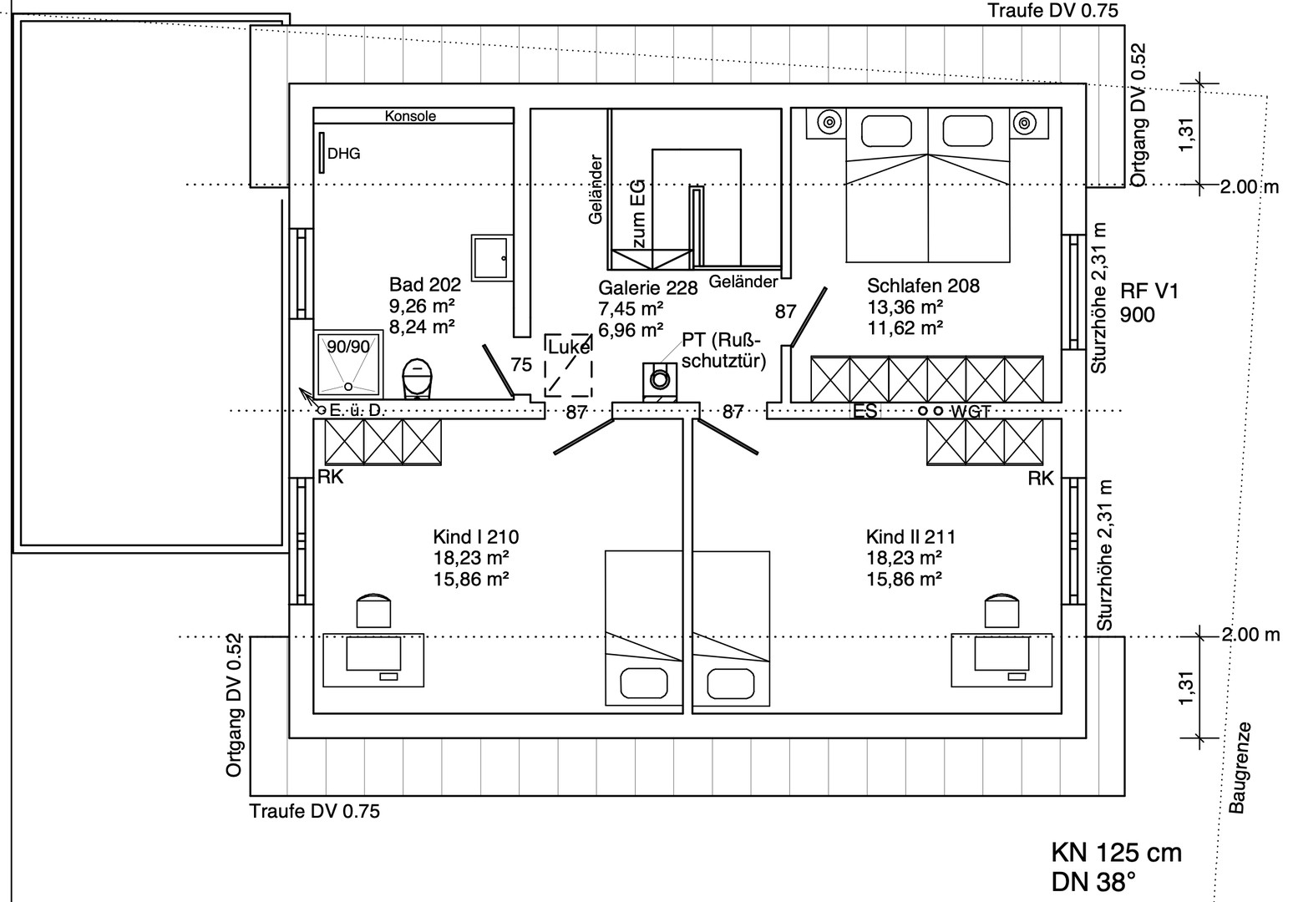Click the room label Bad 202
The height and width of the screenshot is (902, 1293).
424,286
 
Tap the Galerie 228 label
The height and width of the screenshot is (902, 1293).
647,288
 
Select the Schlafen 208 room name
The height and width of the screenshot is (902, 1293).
923,286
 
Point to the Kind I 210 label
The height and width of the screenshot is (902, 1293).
475,537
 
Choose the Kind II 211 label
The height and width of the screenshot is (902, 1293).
910,537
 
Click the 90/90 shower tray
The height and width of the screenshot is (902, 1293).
348,364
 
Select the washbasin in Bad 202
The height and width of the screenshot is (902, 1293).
489,257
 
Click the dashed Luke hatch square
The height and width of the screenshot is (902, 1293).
568,365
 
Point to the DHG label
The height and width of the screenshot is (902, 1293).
343,154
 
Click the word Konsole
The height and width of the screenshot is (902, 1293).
410,116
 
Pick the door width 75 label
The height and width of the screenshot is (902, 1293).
521,365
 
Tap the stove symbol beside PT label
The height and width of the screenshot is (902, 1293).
659,380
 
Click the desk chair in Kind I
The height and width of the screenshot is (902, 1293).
373,610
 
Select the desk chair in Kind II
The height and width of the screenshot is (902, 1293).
1001,610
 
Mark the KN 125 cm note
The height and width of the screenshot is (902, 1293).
1116,853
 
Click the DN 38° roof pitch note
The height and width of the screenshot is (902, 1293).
1093,881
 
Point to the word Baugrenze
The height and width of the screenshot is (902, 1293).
1240,767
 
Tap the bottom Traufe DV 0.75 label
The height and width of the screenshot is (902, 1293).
314,811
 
